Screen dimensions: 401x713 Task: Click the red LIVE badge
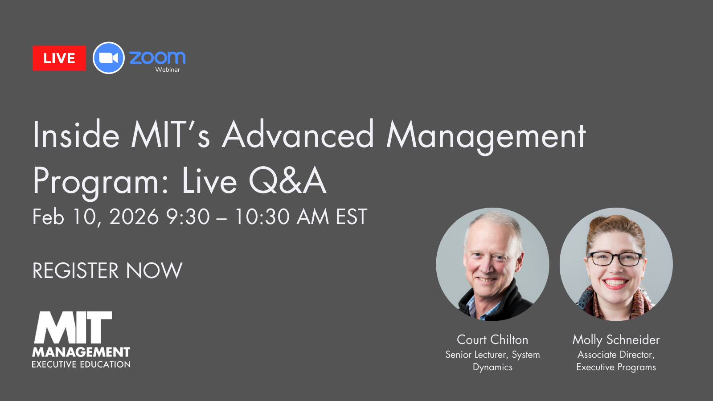[x=59, y=58]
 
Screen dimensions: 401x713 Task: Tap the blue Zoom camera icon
[x=108, y=58]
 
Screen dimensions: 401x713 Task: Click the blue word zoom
[x=157, y=57]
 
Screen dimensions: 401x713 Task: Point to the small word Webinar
[x=168, y=70]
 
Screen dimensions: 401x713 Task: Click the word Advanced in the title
[x=298, y=135]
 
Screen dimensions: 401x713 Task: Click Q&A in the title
[x=287, y=181]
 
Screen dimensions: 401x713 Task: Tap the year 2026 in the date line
[x=134, y=217]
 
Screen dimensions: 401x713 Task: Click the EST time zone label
[x=351, y=217]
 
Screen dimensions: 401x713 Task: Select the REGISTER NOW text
[x=107, y=270]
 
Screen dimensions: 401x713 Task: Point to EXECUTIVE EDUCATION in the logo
[x=81, y=364]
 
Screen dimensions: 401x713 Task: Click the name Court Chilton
[x=492, y=340]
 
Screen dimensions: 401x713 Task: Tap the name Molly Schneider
[x=616, y=340]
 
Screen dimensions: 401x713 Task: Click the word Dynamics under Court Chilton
[x=492, y=367]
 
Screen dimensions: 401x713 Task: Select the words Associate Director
[x=615, y=355]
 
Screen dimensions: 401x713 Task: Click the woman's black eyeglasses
[x=615, y=258]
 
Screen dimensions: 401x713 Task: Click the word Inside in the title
[x=76, y=135]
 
